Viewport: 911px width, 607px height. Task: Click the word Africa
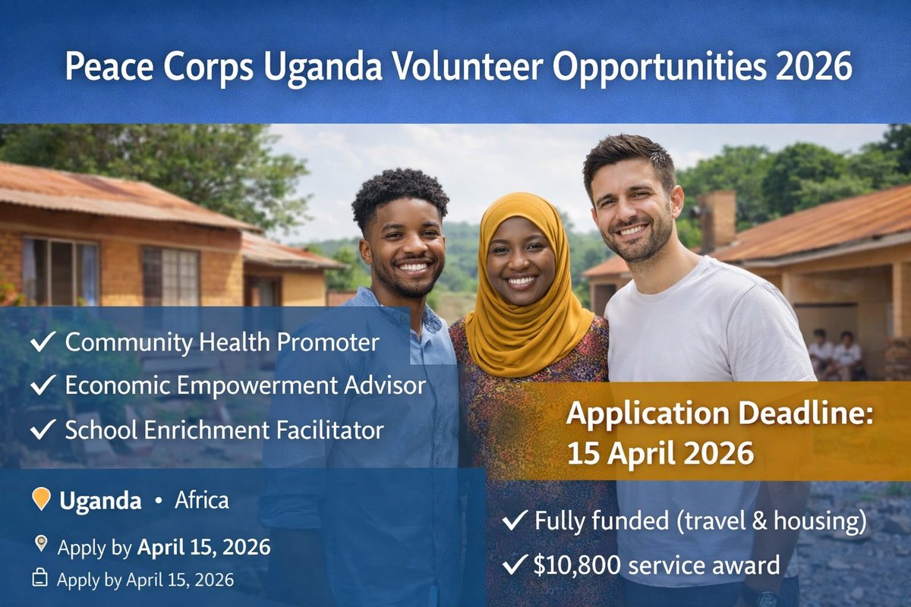[x=201, y=501]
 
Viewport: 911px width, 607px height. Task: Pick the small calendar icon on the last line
[x=40, y=579]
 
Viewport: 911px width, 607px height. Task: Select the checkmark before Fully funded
[x=515, y=521]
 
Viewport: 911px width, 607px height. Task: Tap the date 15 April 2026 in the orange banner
[x=660, y=453]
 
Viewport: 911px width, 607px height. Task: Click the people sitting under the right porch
[x=835, y=354]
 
